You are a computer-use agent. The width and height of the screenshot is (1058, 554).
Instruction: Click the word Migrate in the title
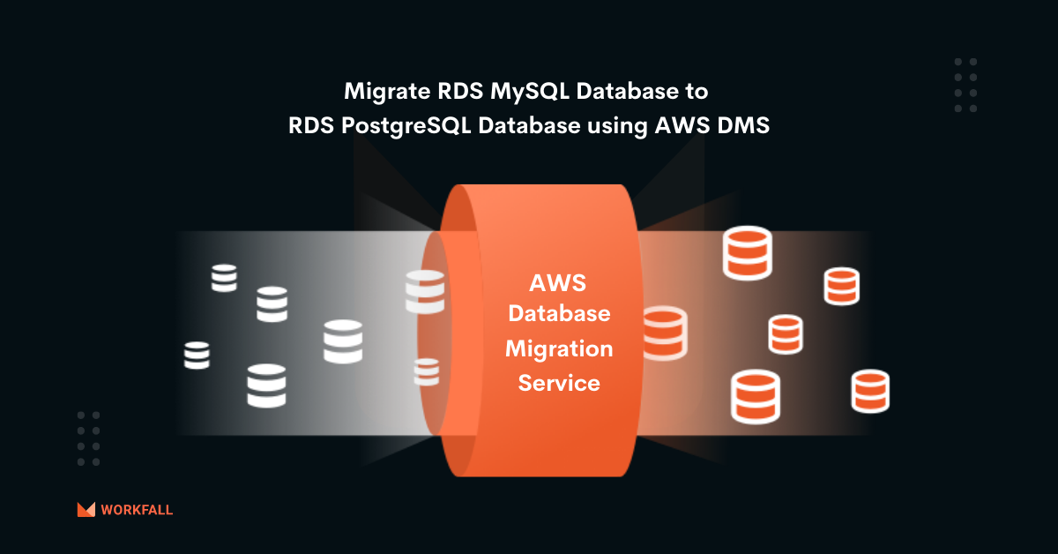click(382, 91)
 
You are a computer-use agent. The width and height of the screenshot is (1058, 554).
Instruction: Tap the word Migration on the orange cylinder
click(559, 348)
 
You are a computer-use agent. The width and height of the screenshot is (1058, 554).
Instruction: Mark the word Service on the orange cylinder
click(559, 384)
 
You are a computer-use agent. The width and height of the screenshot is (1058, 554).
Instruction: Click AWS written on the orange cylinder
click(558, 283)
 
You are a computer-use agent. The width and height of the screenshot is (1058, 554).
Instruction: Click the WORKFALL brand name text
click(137, 510)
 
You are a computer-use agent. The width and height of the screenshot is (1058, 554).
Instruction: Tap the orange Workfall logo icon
click(86, 509)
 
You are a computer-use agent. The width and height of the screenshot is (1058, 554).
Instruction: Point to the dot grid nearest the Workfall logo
click(88, 438)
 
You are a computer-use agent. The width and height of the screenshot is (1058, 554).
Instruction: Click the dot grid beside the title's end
click(965, 85)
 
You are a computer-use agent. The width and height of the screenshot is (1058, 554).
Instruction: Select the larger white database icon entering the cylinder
click(425, 292)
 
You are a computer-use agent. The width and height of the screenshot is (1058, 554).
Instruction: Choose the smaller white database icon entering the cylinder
click(427, 371)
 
